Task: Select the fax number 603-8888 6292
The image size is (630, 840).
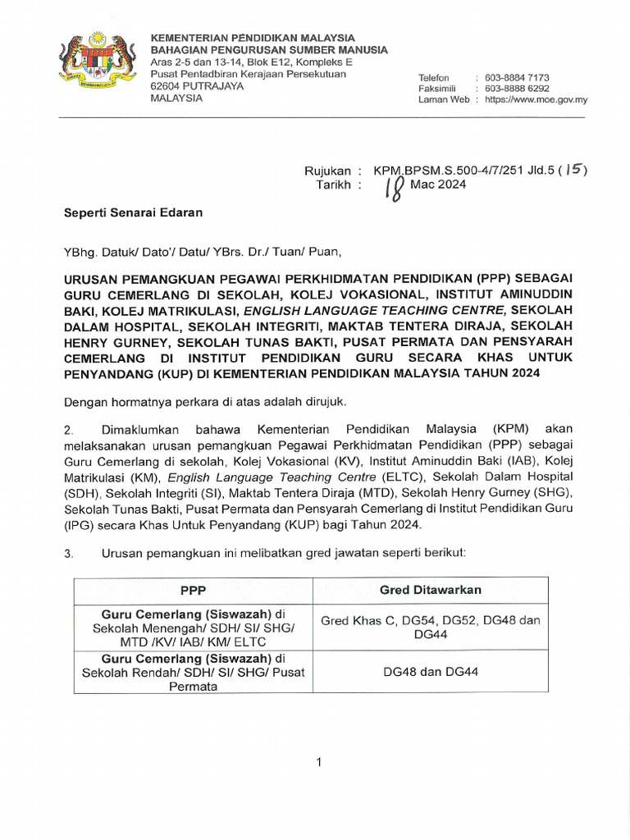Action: point(518,89)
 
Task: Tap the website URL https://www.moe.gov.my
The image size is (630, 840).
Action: point(536,99)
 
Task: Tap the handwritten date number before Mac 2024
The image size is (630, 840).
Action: point(393,189)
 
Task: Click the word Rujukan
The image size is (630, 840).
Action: point(327,171)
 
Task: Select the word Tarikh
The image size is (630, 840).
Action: point(334,185)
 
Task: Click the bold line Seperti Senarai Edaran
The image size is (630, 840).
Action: point(134,212)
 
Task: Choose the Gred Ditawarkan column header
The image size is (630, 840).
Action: point(431,591)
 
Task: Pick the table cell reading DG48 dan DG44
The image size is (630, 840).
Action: point(431,672)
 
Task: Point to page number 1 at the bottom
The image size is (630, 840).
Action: point(318,764)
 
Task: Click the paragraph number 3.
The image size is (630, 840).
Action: point(69,554)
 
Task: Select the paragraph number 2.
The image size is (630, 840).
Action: point(69,430)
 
